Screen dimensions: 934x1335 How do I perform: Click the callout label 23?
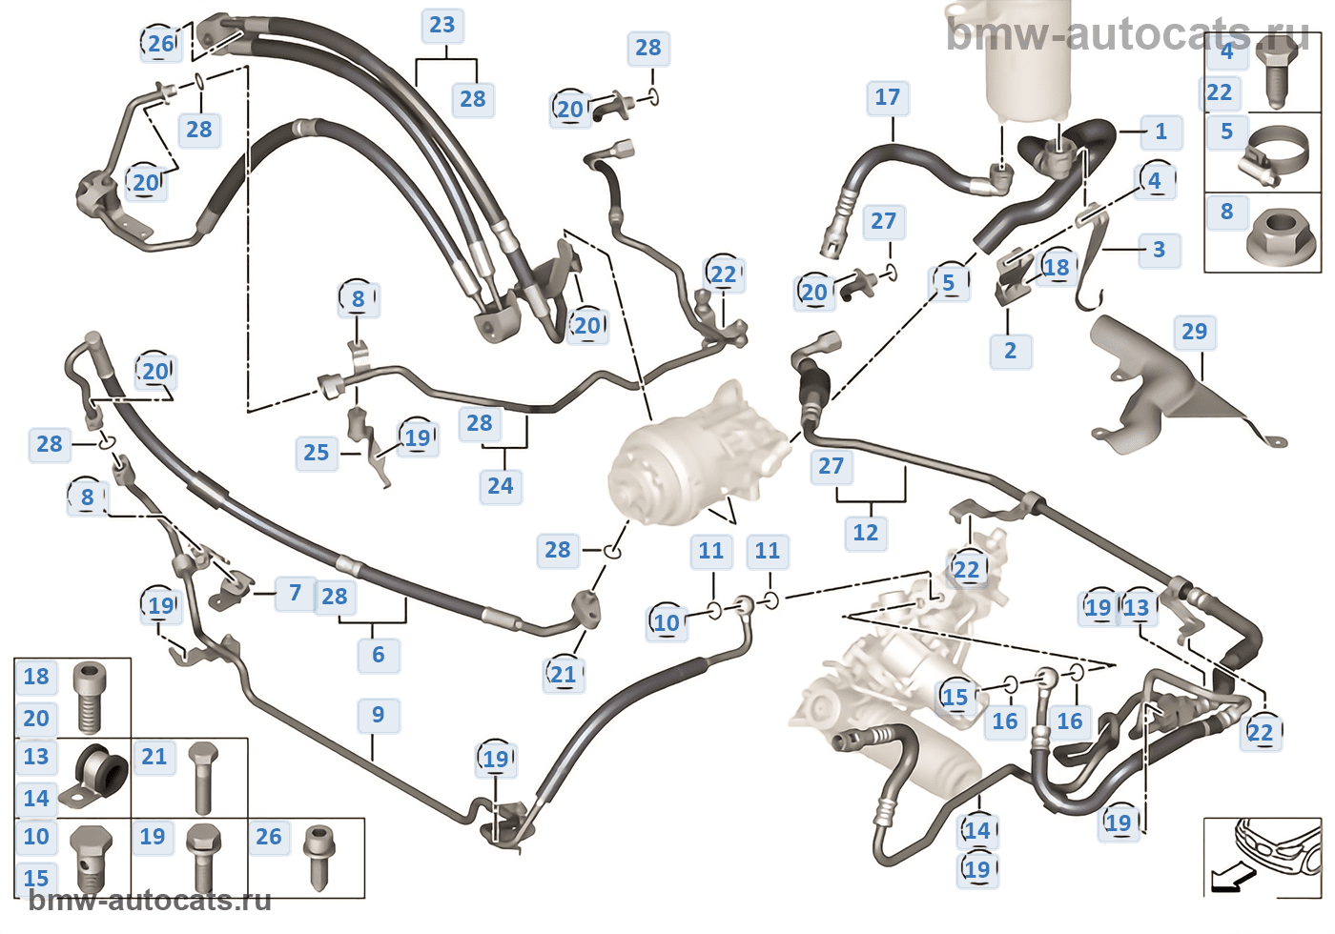442,26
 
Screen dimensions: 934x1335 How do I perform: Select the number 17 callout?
887,97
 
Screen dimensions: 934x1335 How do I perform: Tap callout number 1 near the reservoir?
1160,132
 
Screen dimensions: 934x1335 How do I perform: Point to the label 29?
1194,332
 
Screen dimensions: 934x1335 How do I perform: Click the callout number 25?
316,453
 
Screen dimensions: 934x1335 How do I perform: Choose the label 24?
500,486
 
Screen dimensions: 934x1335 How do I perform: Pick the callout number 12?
865,533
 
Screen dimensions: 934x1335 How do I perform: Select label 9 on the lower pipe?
378,715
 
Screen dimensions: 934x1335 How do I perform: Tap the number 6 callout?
378,655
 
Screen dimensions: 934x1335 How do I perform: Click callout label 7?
295,594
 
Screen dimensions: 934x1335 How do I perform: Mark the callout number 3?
1159,250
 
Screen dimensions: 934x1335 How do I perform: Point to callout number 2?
1010,351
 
